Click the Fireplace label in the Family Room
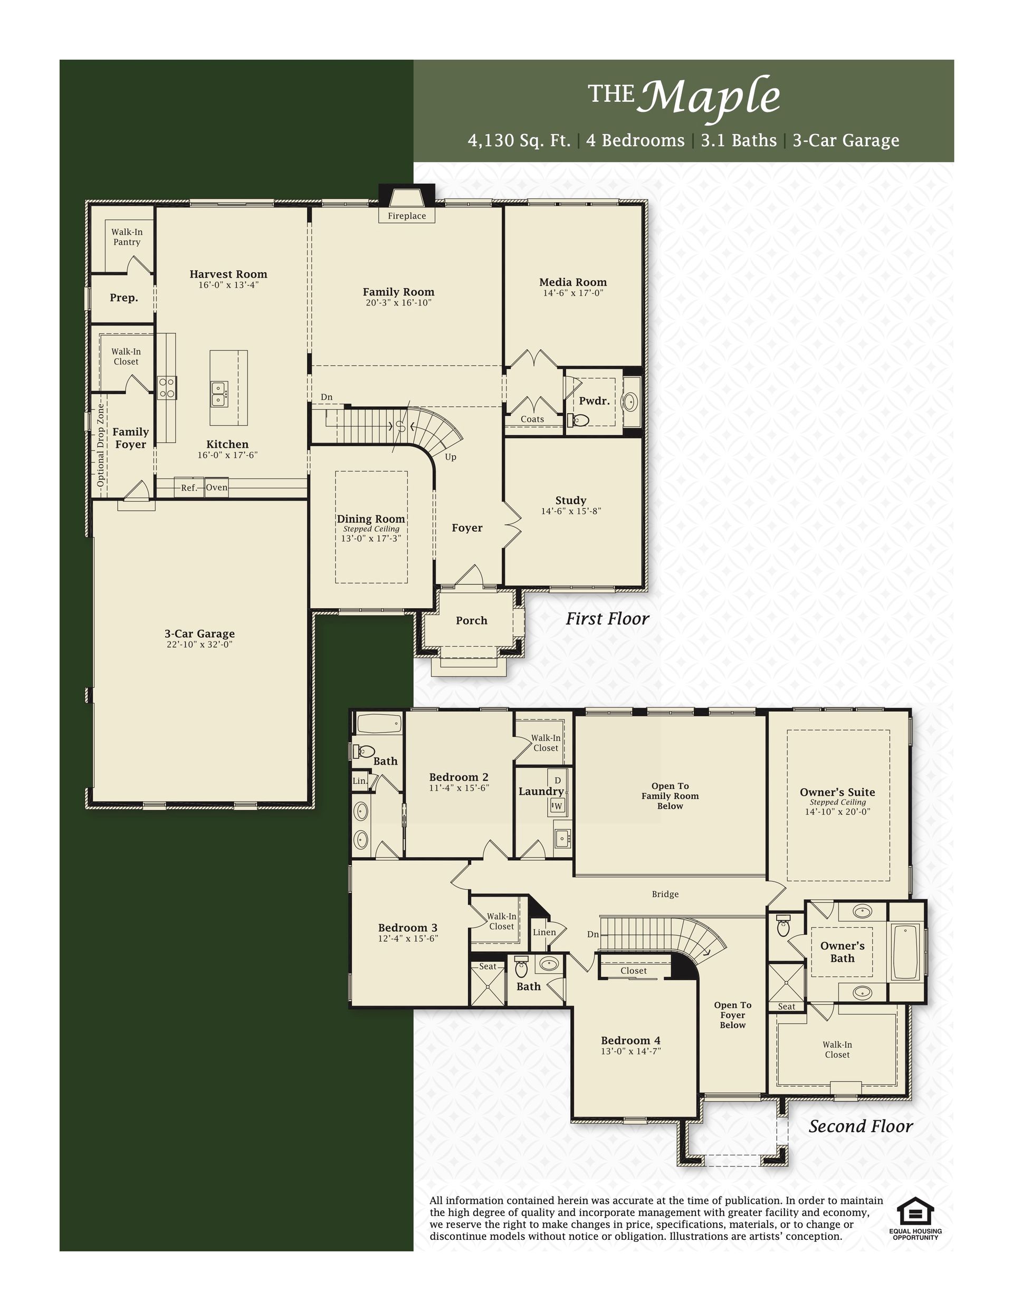click(x=407, y=216)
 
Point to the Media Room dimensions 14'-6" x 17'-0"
click(x=573, y=293)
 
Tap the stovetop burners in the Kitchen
click(x=166, y=388)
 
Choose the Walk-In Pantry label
click(x=127, y=237)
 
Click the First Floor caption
click(x=608, y=619)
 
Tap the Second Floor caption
click(x=861, y=1126)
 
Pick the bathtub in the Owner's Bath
click(x=906, y=953)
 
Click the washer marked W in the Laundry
click(x=557, y=806)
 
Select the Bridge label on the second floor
click(x=665, y=894)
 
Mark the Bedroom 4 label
click(x=630, y=1041)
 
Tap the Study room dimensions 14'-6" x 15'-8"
click(x=571, y=511)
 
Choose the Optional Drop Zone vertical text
click(x=101, y=445)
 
